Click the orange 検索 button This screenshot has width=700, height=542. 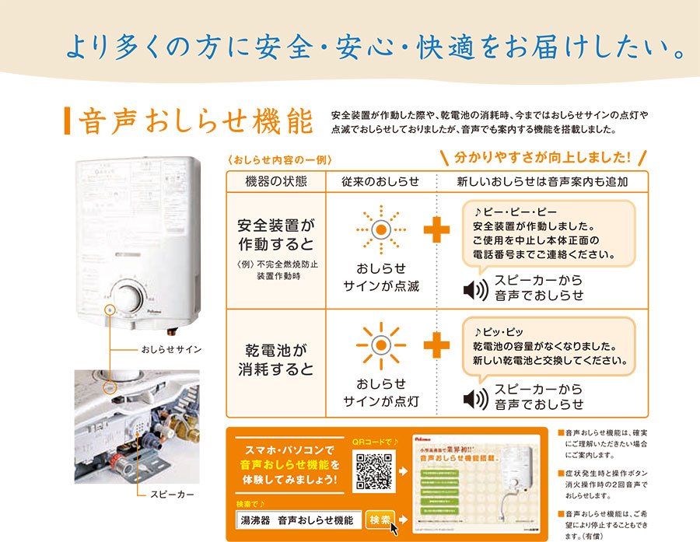click(x=380, y=520)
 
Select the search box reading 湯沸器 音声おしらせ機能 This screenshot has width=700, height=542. click(x=299, y=520)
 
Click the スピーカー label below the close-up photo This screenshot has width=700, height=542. click(x=169, y=495)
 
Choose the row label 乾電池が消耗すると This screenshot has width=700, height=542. click(x=275, y=359)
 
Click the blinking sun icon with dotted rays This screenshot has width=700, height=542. click(x=380, y=229)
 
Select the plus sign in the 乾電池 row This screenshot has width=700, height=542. click(x=436, y=344)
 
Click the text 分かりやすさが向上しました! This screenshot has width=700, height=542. click(x=543, y=157)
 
